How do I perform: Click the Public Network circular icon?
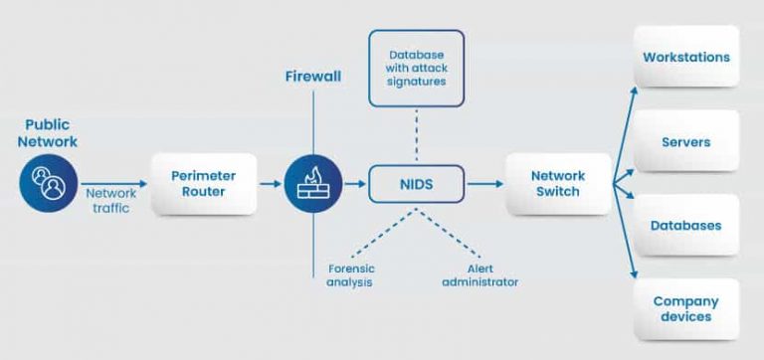pos(46,184)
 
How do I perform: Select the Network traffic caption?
pos(109,201)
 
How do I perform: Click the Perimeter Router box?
pos(203,184)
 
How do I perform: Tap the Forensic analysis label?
pos(348,274)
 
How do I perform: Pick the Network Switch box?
pos(558,184)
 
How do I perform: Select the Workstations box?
pos(686,57)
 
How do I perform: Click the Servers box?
pos(686,142)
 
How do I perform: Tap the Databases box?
pos(686,226)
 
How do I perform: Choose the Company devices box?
pos(686,309)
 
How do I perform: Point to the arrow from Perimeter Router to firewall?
pos(270,184)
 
